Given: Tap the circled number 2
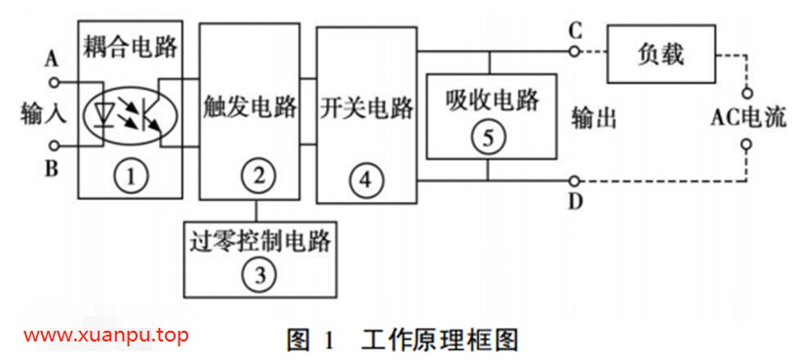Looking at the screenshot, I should (259, 177).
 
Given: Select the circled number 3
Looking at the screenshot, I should (259, 274).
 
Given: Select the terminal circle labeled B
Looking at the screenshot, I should (55, 146).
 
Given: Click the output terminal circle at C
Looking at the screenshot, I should (576, 50).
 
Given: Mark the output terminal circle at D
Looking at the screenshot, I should (576, 180).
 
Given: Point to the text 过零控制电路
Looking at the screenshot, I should (259, 239).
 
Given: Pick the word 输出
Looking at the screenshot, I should (595, 118).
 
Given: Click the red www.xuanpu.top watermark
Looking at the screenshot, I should (105, 336).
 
